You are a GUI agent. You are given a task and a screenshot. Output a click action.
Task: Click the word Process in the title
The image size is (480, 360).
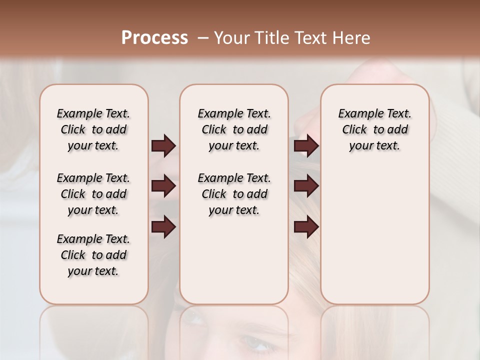pyautogui.click(x=154, y=38)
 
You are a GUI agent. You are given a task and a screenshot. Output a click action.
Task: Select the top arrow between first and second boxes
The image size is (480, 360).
pyautogui.click(x=163, y=145)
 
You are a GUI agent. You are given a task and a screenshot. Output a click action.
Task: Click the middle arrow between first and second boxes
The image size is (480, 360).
pyautogui.click(x=163, y=186)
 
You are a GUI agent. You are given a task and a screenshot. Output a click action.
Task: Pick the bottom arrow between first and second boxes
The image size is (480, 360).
pyautogui.click(x=163, y=227)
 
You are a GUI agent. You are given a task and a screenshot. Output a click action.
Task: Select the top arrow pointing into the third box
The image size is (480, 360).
pyautogui.click(x=306, y=145)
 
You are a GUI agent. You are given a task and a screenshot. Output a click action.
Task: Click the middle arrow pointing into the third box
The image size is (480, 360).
pyautogui.click(x=306, y=186)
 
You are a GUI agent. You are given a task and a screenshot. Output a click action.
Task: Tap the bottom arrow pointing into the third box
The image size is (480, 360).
pyautogui.click(x=306, y=227)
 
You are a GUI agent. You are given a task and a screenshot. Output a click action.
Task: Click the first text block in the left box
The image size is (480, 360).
pyautogui.click(x=93, y=129)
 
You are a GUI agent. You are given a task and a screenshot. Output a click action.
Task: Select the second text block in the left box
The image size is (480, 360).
pyautogui.click(x=93, y=194)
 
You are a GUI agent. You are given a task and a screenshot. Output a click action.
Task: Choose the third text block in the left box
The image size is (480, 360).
pyautogui.click(x=93, y=255)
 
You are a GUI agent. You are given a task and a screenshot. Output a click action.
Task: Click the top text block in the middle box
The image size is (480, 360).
pyautogui.click(x=234, y=129)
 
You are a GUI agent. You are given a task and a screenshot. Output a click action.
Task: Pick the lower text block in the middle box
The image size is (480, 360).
pyautogui.click(x=234, y=194)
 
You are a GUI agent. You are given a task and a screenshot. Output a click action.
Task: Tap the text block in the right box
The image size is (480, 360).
pyautogui.click(x=374, y=129)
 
